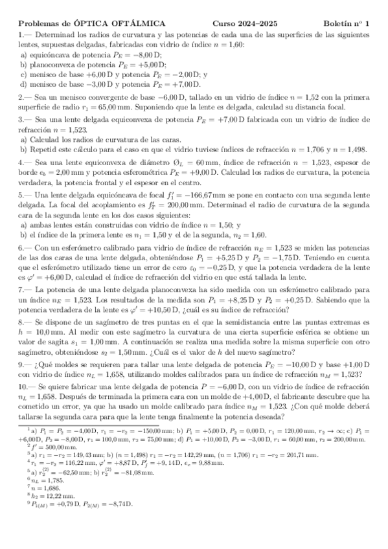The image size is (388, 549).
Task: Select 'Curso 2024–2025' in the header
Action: (x=244, y=23)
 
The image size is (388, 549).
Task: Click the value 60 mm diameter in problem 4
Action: (x=200, y=162)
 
